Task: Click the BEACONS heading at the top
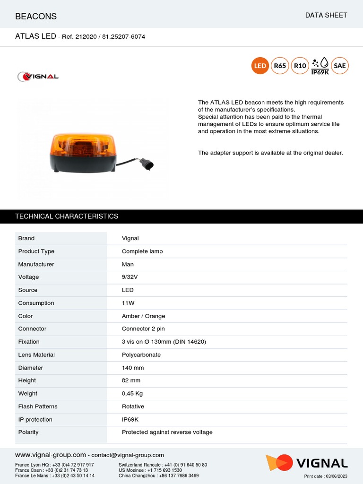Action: (x=36, y=17)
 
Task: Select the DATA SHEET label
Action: (x=326, y=15)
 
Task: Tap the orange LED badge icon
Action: (x=260, y=66)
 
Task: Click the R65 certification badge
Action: (x=280, y=66)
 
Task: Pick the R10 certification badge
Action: (x=300, y=66)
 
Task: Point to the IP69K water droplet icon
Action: (x=320, y=66)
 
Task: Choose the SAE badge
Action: (x=340, y=66)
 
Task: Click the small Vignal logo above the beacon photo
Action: (x=38, y=77)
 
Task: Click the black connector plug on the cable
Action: (x=147, y=164)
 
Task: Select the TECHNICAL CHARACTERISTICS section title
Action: (x=67, y=216)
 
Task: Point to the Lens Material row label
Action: (x=36, y=354)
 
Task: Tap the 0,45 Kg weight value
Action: (x=132, y=393)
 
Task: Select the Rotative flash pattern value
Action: (x=133, y=406)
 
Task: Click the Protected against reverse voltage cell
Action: (x=167, y=432)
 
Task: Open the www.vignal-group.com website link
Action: (x=51, y=455)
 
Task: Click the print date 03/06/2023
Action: (x=326, y=476)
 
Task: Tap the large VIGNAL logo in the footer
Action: (x=307, y=463)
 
